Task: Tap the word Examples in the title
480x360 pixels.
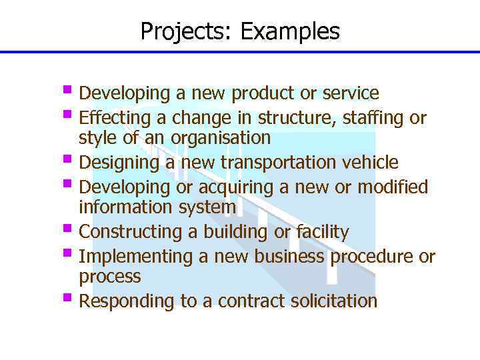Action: point(290,31)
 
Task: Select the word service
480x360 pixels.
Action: point(351,93)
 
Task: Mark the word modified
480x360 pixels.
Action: point(393,187)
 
